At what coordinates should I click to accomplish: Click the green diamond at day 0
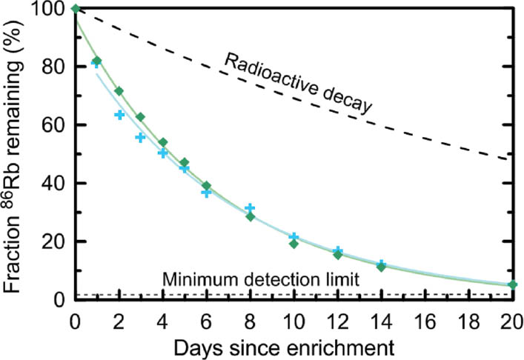click(x=76, y=9)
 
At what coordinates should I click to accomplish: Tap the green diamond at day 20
click(x=512, y=284)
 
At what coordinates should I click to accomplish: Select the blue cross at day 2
click(x=119, y=115)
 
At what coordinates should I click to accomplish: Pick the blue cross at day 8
click(x=250, y=209)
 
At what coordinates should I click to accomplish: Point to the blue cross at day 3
click(x=141, y=138)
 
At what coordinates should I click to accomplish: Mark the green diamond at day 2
click(x=119, y=91)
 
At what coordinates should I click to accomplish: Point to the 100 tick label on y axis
click(x=53, y=10)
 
